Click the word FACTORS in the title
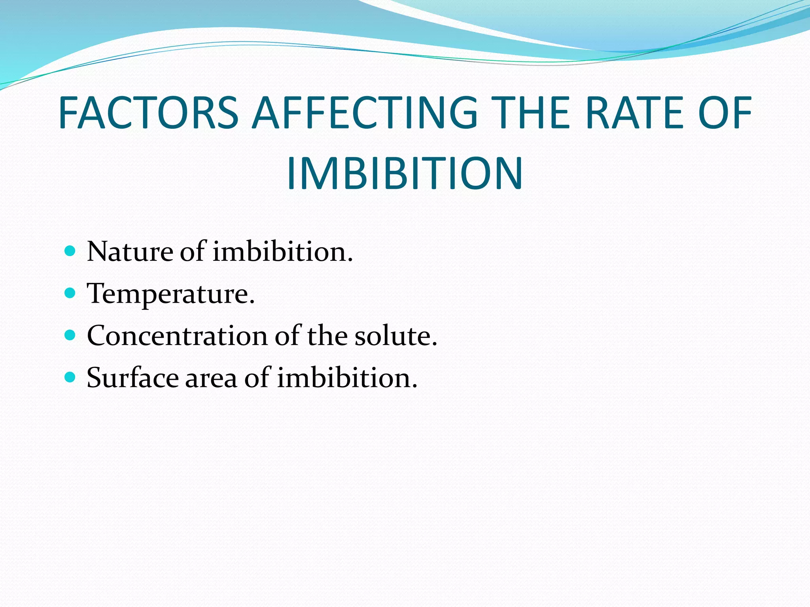[x=148, y=113]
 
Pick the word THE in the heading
[x=532, y=113]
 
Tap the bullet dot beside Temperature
[x=70, y=293]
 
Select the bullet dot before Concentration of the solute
[x=70, y=335]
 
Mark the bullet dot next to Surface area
[x=70, y=377]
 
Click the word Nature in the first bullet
[x=130, y=251]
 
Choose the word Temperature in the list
[x=170, y=294]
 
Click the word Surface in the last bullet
[x=132, y=378]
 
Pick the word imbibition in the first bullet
[x=282, y=251]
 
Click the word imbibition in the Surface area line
[x=347, y=378]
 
